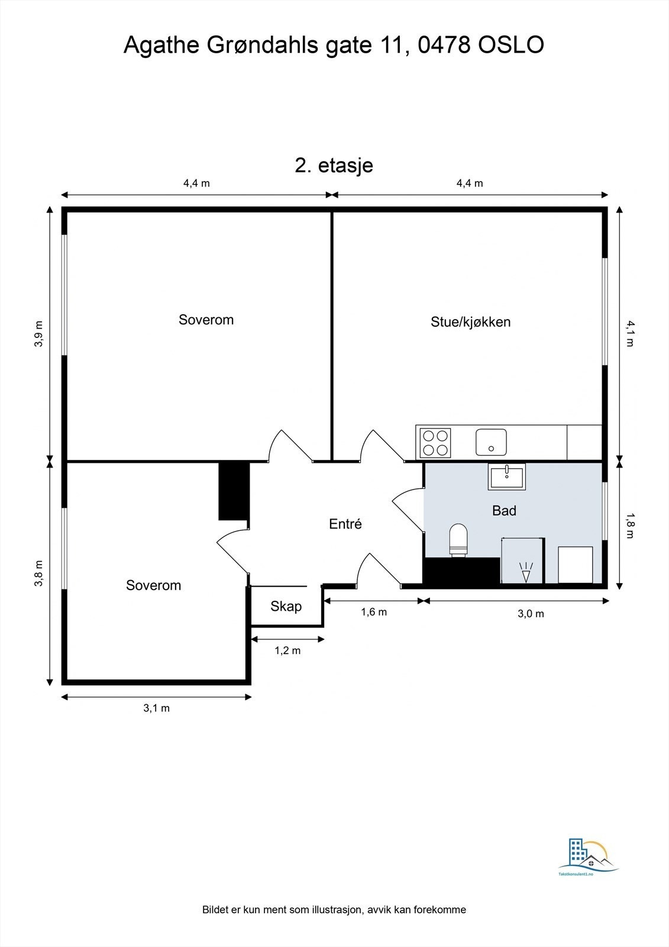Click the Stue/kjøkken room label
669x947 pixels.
pos(470,322)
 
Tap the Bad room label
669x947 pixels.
pos(504,510)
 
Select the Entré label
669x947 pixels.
pos(345,524)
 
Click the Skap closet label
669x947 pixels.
pos(286,606)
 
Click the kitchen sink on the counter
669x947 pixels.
pos(491,442)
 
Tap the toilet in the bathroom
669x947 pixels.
pos(458,540)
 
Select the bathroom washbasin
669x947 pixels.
pos(506,476)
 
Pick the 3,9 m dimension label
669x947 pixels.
pos(38,334)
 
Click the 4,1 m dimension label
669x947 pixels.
pos(630,333)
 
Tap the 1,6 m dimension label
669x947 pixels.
pos(374,612)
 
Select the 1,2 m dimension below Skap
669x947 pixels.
pos(287,650)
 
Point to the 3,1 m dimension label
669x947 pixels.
pos(157,708)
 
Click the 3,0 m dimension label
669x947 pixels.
pos(531,614)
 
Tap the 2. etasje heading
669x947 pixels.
pos(334,165)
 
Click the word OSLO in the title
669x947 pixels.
pos(510,45)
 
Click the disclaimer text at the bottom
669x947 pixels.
pos(334,910)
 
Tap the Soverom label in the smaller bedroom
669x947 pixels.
pos(153,585)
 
